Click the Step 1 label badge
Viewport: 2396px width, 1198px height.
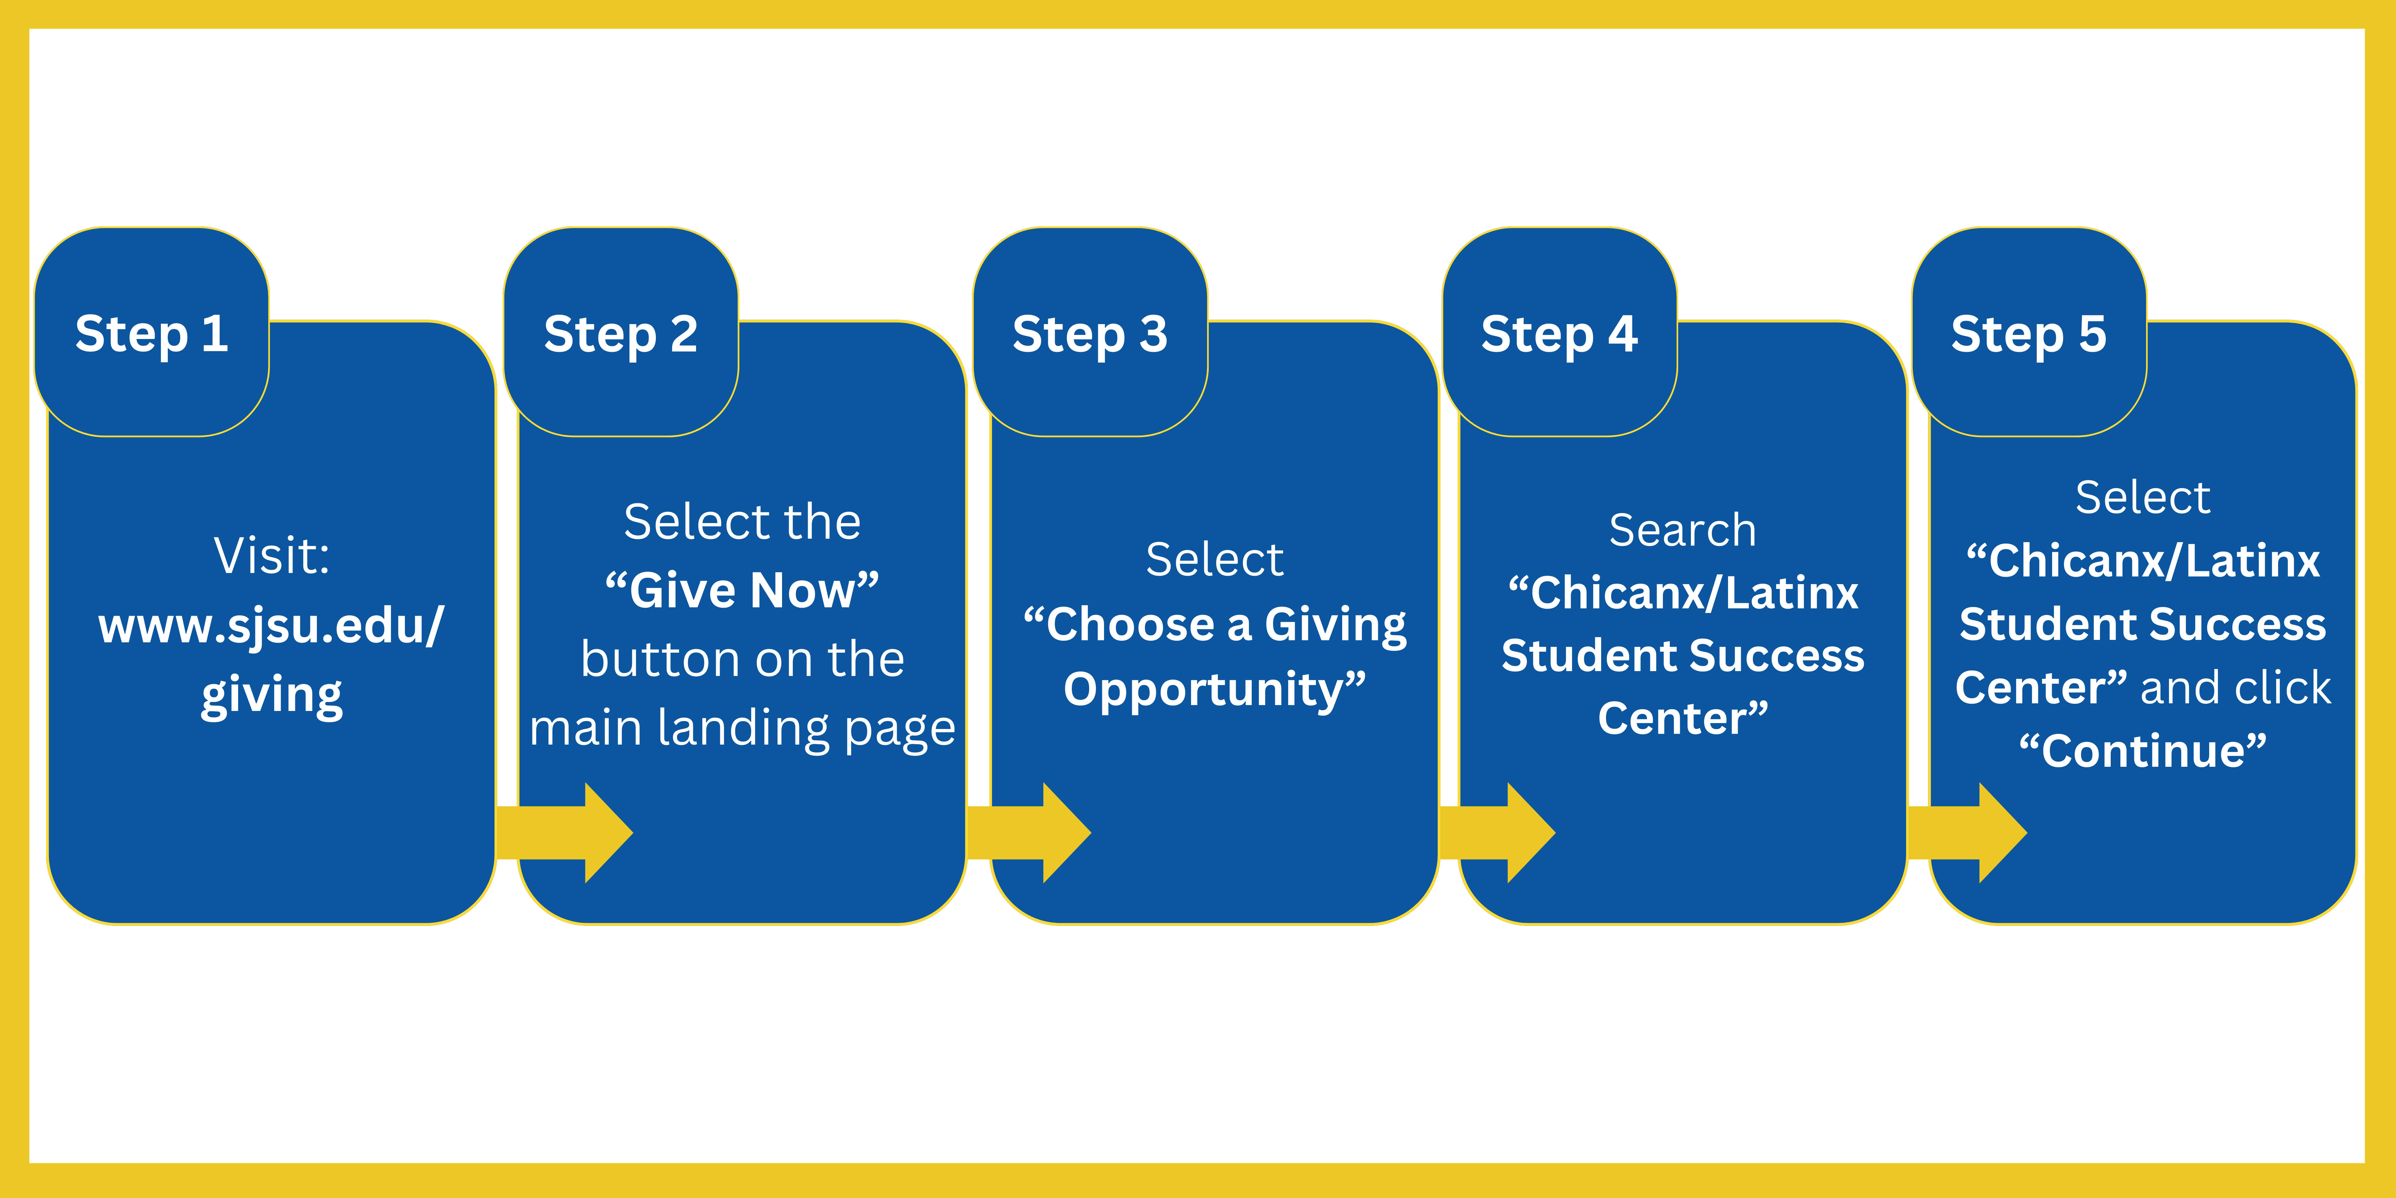point(151,333)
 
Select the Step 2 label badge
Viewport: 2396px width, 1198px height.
point(620,333)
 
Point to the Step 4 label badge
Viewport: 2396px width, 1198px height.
point(1559,333)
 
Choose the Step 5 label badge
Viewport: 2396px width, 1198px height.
point(2029,333)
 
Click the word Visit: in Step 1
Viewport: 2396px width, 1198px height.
point(272,556)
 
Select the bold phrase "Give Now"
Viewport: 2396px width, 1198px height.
point(741,591)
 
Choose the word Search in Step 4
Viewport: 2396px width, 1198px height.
point(1683,530)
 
